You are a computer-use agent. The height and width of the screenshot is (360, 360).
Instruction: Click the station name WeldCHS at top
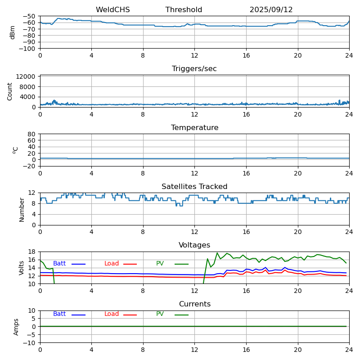tap(112, 10)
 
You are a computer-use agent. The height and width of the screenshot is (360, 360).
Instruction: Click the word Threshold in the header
tap(184, 10)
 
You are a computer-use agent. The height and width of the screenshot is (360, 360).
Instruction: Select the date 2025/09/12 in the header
tap(271, 10)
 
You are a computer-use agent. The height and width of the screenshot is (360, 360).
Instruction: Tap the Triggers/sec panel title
tap(194, 69)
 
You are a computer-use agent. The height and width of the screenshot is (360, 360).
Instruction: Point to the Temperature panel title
tap(194, 128)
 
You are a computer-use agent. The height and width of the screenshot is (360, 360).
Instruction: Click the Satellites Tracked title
tap(194, 187)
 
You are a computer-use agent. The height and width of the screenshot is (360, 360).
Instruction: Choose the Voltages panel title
tap(194, 245)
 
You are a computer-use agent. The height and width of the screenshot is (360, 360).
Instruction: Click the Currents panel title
tap(194, 304)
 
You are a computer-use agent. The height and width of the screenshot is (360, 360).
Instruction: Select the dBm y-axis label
tap(13, 32)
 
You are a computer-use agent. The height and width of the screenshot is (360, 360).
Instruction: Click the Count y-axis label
tap(10, 91)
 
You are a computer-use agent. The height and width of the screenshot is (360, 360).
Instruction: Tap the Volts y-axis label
tap(22, 268)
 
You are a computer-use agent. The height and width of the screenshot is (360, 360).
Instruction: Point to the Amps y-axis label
tap(16, 327)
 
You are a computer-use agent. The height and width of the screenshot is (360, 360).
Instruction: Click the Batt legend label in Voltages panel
tap(59, 264)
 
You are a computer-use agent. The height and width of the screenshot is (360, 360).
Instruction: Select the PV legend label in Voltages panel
tap(160, 264)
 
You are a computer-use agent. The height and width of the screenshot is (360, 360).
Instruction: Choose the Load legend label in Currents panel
tap(112, 314)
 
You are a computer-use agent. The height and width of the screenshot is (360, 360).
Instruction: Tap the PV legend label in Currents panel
tap(160, 314)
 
